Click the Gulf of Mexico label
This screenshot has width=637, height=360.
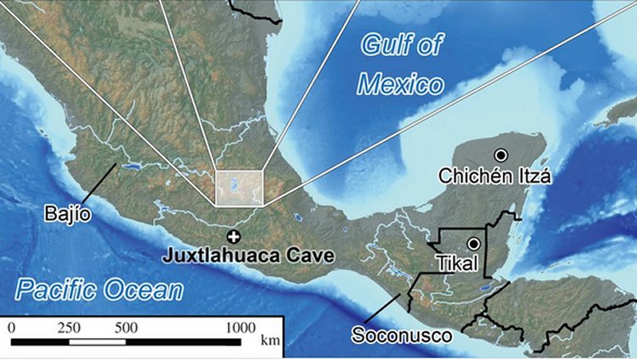(400, 64)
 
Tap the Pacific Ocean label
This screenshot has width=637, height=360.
(99, 290)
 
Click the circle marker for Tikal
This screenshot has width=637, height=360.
(473, 244)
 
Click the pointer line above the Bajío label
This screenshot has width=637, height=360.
(99, 181)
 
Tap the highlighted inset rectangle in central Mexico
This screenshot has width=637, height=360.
(240, 188)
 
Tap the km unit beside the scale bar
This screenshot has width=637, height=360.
(271, 341)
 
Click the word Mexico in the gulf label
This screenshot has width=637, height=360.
(400, 84)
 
